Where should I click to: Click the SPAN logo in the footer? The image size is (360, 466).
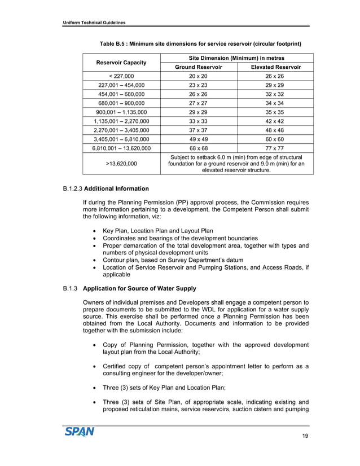[78, 432]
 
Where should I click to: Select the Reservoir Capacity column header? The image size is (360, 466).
[121, 62]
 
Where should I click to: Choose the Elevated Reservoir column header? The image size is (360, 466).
[275, 67]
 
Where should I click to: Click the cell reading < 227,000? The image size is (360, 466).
[121, 76]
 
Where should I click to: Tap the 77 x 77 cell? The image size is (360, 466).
[275, 148]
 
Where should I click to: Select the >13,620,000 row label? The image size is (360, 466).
[121, 164]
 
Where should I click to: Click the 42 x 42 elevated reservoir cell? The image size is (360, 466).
[275, 121]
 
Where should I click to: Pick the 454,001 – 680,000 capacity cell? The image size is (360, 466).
[121, 94]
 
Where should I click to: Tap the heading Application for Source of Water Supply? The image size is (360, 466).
[139, 289]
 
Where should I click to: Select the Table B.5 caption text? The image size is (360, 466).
[200, 43]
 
